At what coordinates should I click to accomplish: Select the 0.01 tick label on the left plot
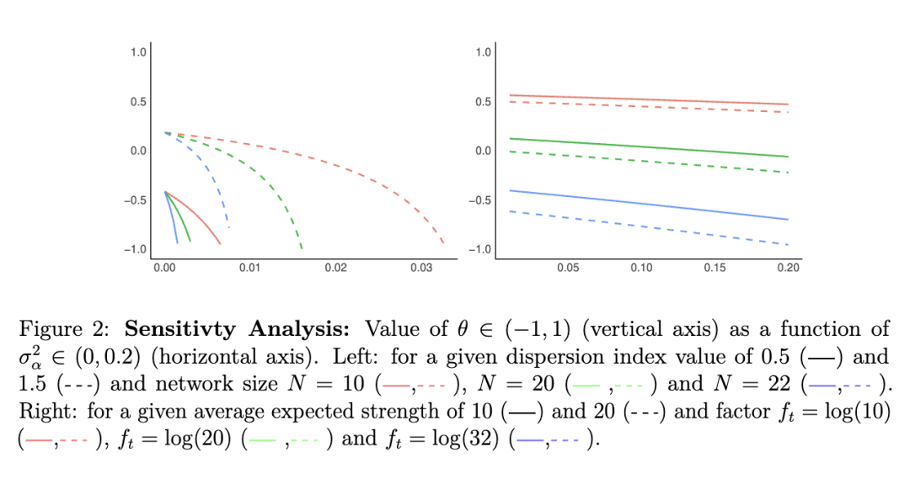tap(250, 267)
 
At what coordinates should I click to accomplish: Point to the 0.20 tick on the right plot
tap(788, 267)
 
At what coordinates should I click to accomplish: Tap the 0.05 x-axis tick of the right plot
tap(569, 267)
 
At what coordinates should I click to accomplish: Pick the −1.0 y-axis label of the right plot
tap(483, 249)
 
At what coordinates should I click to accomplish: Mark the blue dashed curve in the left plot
tap(211, 181)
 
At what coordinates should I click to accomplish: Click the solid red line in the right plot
tap(649, 100)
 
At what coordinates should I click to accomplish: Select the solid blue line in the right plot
tap(649, 205)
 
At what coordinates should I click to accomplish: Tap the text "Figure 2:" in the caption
tap(57, 329)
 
